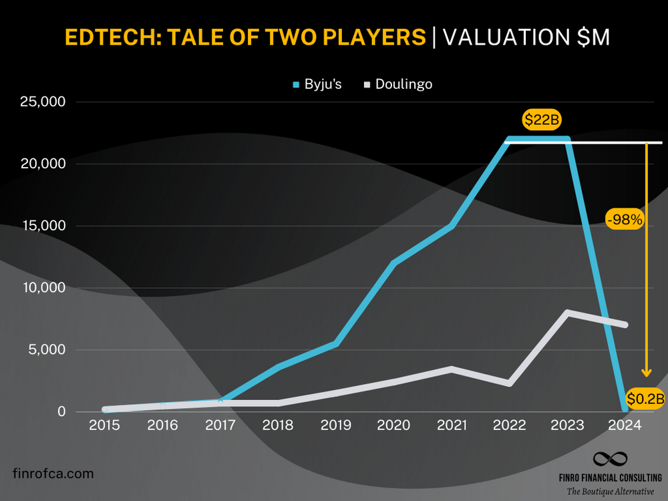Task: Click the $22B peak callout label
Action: [542, 120]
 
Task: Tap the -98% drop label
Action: [625, 219]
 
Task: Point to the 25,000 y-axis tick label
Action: [42, 102]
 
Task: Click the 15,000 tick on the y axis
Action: [42, 226]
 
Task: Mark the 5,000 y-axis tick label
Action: [47, 349]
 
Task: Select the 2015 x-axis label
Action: [104, 426]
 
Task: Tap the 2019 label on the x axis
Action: [336, 426]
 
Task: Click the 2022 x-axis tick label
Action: [509, 426]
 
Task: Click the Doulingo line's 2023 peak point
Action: [567, 313]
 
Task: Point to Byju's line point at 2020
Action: [394, 263]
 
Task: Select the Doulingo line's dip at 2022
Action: [509, 383]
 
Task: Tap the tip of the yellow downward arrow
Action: [646, 376]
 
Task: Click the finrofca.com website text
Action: [53, 474]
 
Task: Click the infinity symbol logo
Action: [611, 459]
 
